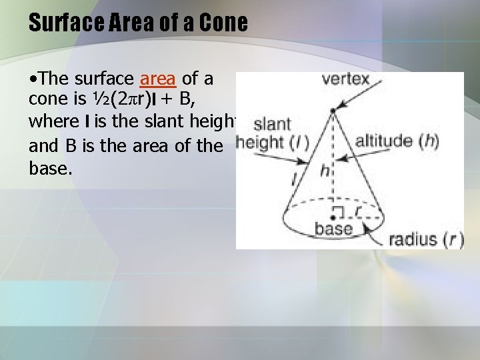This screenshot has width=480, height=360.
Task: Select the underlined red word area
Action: [158, 79]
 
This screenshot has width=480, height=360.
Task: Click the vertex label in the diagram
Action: [345, 79]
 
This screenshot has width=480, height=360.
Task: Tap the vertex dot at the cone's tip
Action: [333, 111]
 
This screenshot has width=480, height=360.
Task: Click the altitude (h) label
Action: [397, 142]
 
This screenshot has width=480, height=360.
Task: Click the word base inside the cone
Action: [333, 229]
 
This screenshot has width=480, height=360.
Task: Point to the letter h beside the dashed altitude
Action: [325, 171]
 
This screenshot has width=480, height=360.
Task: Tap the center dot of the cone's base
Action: [333, 215]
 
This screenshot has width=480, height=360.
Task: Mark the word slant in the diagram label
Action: [272, 124]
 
